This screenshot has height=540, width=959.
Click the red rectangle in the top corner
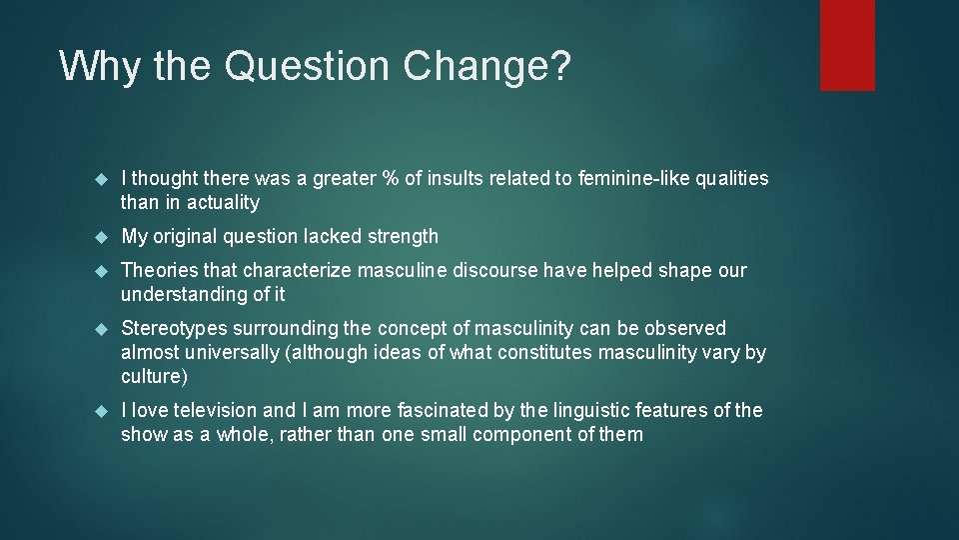847,45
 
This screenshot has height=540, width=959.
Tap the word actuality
222,203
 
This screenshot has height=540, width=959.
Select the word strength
398,237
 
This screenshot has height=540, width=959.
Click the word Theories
159,270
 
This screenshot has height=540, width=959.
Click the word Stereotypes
174,328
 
